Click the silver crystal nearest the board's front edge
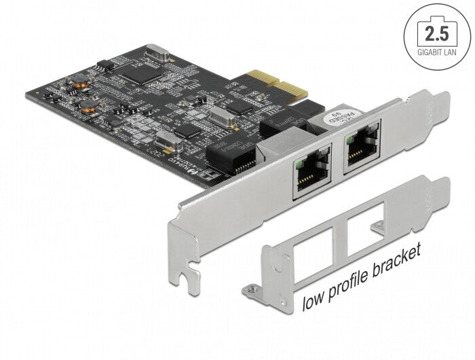165,142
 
